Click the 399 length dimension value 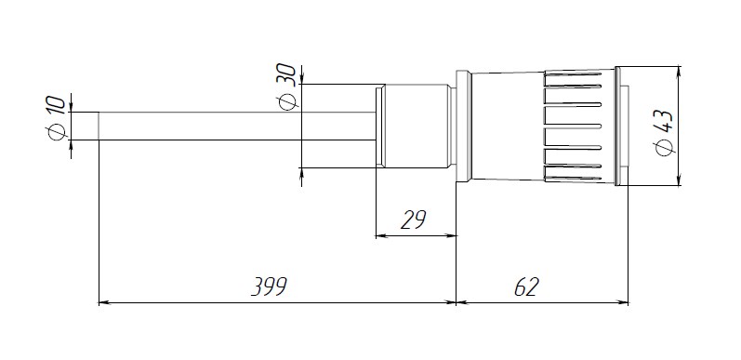(x=269, y=287)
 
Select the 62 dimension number (x=526, y=287)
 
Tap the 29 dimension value (x=414, y=220)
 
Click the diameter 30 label (x=287, y=87)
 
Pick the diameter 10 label (x=56, y=118)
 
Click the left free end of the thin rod (x=99, y=126)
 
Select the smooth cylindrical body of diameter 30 (x=415, y=126)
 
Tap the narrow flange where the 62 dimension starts (x=463, y=126)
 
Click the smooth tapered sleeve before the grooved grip (x=508, y=126)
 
